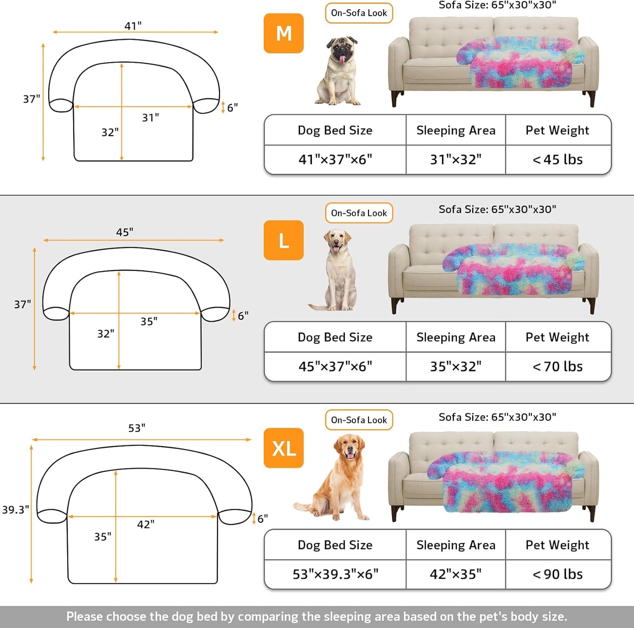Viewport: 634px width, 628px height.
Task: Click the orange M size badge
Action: coord(283,33)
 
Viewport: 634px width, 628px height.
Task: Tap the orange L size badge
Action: coord(283,240)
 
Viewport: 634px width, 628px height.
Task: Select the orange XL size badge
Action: coord(283,448)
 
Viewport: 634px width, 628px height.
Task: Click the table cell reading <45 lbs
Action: coord(558,160)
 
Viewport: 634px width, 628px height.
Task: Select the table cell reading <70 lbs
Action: coord(558,366)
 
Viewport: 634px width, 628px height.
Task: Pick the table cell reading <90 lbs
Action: coord(558,574)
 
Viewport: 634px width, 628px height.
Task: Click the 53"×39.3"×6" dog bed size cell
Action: coord(335,574)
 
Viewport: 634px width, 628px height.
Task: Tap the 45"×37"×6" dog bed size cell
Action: coord(335,366)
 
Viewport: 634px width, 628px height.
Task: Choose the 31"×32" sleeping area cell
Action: coord(455,160)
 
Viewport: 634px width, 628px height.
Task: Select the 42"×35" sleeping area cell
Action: coord(455,574)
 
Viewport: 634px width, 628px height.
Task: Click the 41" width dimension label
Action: coord(133,26)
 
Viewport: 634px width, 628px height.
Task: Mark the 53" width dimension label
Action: coord(137,428)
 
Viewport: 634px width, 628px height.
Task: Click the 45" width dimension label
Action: coord(125,232)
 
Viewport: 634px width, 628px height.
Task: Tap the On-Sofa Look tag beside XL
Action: coord(359,420)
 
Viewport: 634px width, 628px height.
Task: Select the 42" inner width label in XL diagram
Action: coord(146,524)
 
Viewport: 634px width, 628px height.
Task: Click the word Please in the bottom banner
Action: coord(85,617)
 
